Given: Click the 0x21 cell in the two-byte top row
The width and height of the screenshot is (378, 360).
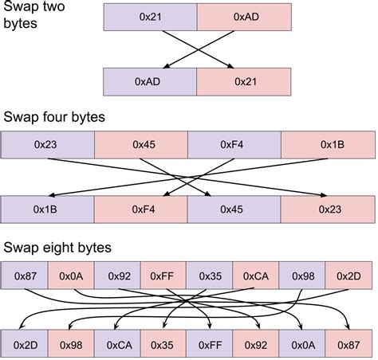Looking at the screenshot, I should (150, 15).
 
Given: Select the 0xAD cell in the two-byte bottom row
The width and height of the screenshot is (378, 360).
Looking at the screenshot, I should (150, 81).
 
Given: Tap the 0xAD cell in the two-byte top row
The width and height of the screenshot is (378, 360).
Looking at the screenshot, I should (244, 15).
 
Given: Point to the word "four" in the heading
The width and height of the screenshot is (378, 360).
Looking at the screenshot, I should (62, 118).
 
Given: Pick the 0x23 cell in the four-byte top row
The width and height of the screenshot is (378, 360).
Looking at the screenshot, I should (48, 144).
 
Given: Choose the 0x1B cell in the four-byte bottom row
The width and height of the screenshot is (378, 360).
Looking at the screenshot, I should (48, 209).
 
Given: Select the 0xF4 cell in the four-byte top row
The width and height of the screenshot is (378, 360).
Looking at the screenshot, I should (234, 144).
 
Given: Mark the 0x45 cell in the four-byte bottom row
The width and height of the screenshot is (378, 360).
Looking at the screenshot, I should (234, 209).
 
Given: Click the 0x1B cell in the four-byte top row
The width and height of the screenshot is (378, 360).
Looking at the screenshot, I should (328, 144).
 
